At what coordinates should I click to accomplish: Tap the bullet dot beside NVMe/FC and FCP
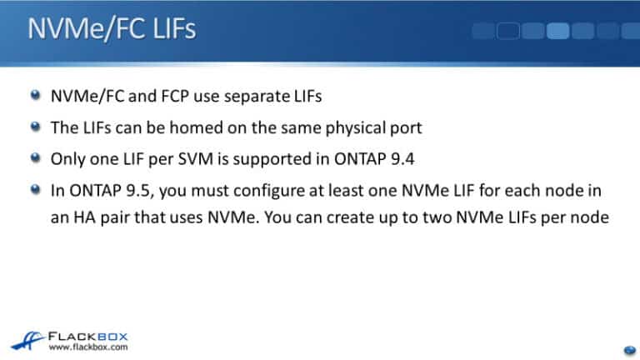[x=34, y=97]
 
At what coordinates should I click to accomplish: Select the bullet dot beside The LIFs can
[x=34, y=127]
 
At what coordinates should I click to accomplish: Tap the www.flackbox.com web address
[x=89, y=346]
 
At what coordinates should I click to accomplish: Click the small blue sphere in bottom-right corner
[x=629, y=349]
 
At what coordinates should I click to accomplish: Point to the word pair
[x=107, y=217]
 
